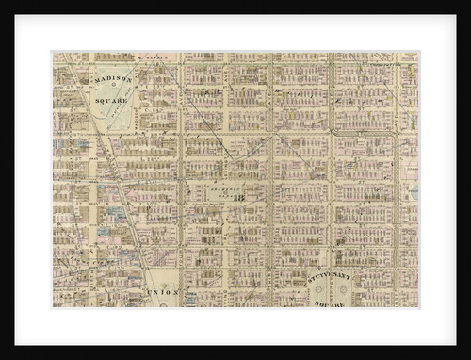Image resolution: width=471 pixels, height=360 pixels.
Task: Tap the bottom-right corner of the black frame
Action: [x=468, y=357]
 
